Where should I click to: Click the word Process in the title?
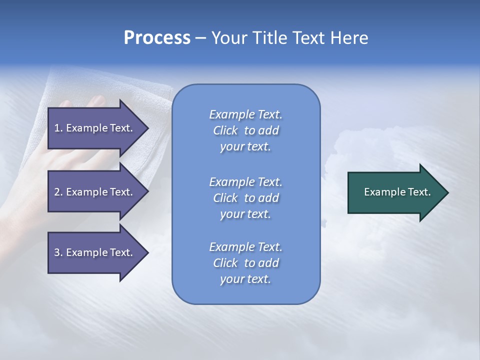coord(157,38)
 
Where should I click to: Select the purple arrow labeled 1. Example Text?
coord(94,128)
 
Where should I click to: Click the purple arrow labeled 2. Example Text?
coord(94,192)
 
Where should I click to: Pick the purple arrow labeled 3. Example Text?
coord(94,252)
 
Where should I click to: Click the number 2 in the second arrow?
coord(57,192)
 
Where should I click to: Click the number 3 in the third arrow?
coord(57,252)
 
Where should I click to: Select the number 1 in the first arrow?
coord(57,128)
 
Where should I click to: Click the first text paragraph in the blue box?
coord(245,130)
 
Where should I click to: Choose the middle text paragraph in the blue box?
coord(245,198)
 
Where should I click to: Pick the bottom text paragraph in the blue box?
coord(245,263)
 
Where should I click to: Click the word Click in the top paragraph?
coord(225,130)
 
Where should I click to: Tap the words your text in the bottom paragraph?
coord(245,279)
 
